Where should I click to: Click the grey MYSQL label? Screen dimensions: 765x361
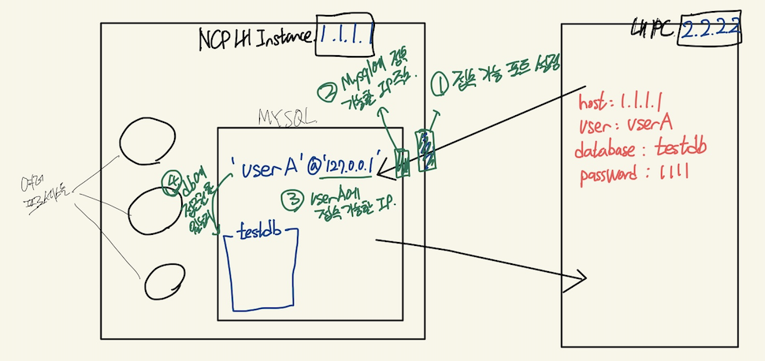pyautogui.click(x=287, y=117)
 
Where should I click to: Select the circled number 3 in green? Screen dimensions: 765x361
pyautogui.click(x=292, y=202)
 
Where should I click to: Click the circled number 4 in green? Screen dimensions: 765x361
pyautogui.click(x=169, y=179)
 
